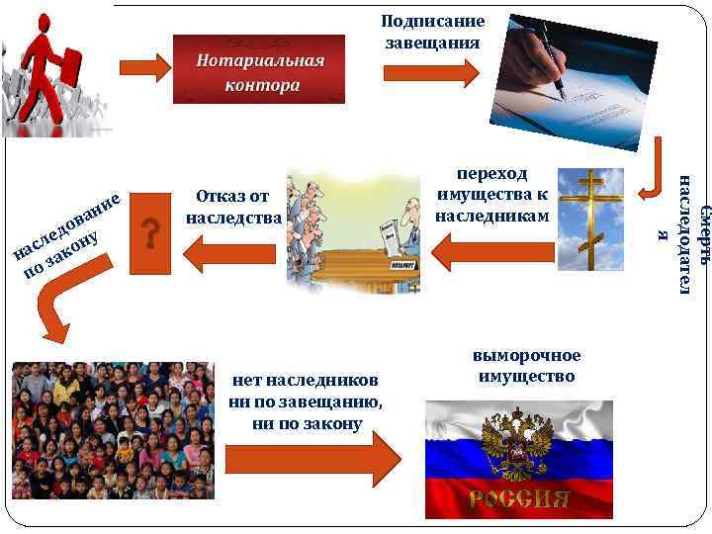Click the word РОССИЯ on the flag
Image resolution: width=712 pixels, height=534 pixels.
click(x=519, y=498)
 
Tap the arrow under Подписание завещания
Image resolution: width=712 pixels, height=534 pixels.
click(x=430, y=73)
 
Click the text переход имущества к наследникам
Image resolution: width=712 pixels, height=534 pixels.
click(x=491, y=194)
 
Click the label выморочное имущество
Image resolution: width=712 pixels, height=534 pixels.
click(x=526, y=365)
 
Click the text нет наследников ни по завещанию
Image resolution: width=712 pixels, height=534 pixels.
click(x=305, y=401)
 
